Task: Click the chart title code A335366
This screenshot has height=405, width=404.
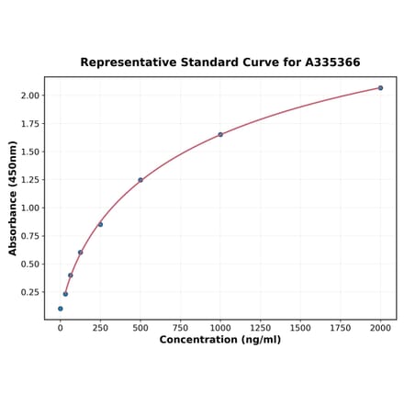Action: [x=330, y=62]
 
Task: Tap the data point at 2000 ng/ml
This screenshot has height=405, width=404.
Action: [x=380, y=88]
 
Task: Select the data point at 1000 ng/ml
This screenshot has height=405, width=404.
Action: [x=220, y=135]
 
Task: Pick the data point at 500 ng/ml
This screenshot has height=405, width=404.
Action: [x=140, y=180]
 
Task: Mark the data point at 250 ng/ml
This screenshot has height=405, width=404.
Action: [x=100, y=224]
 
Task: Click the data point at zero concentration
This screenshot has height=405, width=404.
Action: [x=61, y=309]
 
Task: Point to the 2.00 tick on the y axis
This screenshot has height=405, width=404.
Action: [x=29, y=96]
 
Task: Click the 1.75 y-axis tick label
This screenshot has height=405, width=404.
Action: [x=29, y=123]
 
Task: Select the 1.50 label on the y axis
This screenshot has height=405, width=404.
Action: [x=29, y=152]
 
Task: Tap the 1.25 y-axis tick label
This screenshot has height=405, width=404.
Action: [x=29, y=180]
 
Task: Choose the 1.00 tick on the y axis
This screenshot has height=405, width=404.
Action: [x=29, y=208]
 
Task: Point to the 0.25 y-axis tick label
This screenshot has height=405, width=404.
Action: [x=29, y=292]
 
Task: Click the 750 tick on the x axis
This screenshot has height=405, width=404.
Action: [x=180, y=327]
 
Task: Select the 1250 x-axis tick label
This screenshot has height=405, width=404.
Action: [x=261, y=327]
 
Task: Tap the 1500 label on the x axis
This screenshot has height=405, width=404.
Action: [x=300, y=327]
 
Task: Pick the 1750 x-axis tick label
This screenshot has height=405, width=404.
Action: [x=341, y=327]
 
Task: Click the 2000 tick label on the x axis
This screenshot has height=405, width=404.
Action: [x=380, y=327]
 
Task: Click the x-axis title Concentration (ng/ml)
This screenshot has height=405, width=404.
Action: [x=220, y=340]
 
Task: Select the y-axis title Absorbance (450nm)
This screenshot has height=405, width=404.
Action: [x=13, y=198]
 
